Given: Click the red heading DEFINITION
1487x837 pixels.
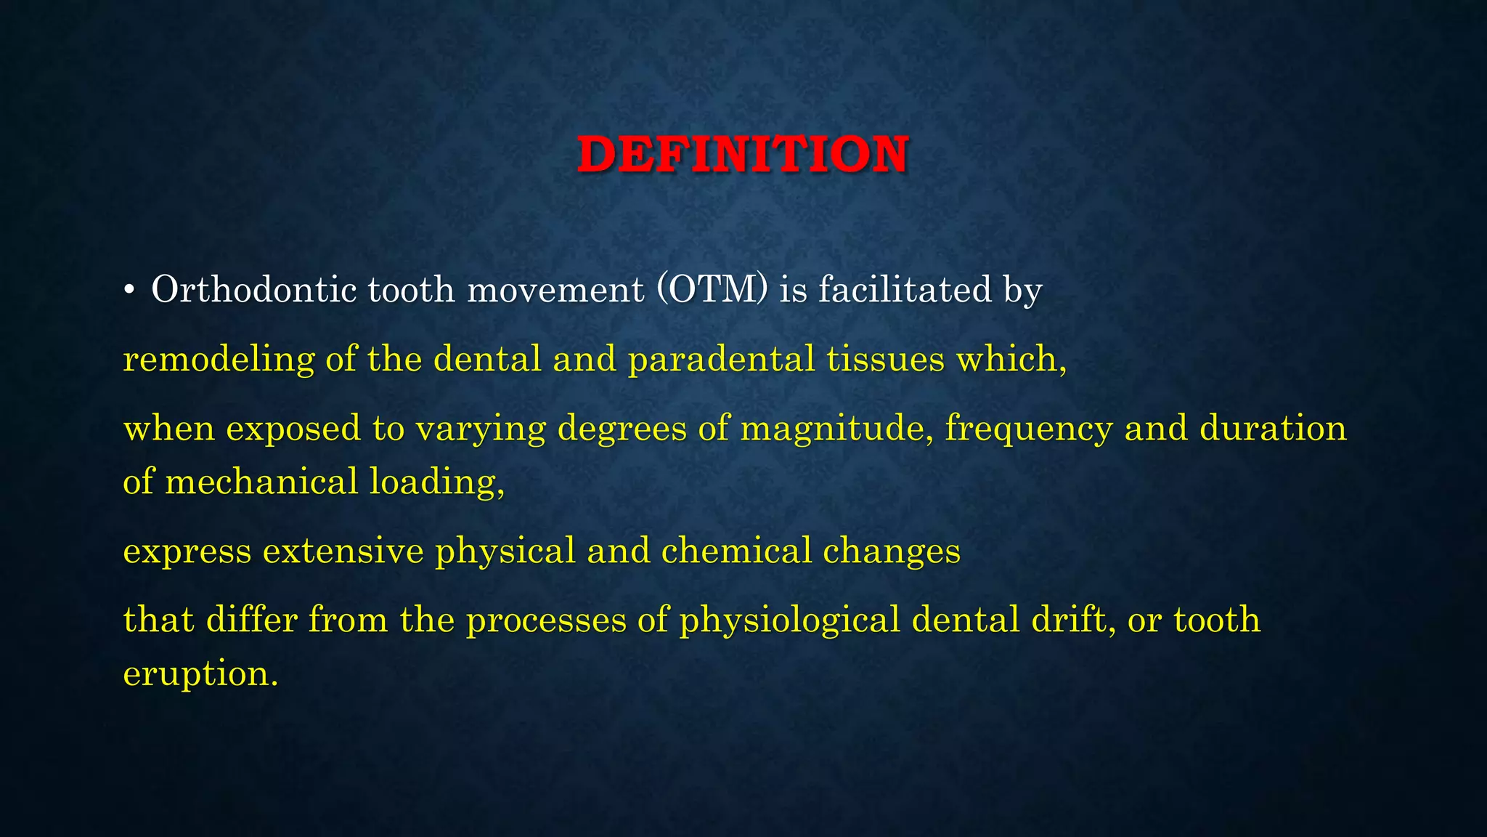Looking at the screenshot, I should [x=742, y=155].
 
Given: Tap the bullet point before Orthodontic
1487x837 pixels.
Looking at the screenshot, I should [x=129, y=291].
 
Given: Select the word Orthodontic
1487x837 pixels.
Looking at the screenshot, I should [x=253, y=289].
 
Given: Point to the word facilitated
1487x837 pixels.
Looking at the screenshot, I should [x=905, y=289].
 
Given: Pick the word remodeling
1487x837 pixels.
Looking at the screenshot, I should [x=219, y=360].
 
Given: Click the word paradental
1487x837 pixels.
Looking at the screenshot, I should [x=722, y=360].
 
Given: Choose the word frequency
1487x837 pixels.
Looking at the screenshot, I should [x=1028, y=429].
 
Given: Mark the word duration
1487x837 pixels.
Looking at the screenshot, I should [x=1273, y=428].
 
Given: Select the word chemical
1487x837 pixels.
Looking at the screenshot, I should [x=736, y=551].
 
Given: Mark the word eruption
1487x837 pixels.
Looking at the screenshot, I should [x=200, y=674].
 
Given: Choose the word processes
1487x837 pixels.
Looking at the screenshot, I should [x=545, y=620].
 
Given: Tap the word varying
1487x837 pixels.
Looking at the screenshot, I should [x=481, y=429].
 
